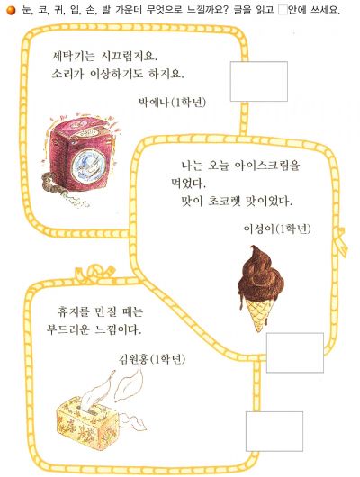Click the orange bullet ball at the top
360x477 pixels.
(x=11, y=10)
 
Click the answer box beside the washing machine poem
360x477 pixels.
(x=259, y=81)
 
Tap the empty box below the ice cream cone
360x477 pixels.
(x=295, y=353)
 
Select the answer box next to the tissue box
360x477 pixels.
(x=274, y=431)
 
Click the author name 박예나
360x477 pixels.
(x=153, y=103)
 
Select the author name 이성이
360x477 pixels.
(x=259, y=229)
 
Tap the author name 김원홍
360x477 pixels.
(x=133, y=359)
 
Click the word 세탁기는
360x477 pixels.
(x=73, y=56)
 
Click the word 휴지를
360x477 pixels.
(x=73, y=311)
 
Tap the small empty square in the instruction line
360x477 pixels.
(x=283, y=10)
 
